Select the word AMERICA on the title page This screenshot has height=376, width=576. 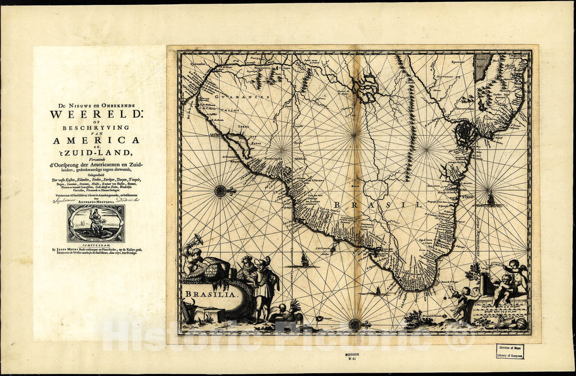coord(96,140)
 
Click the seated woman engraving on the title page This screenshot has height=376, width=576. coord(96,223)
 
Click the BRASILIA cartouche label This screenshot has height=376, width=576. coord(203,294)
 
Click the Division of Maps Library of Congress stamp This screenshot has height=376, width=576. coord(509,351)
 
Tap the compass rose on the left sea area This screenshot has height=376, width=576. coord(220,190)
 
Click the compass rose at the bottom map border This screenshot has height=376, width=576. coord(355,324)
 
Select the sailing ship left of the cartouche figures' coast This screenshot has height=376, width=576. coord(305,260)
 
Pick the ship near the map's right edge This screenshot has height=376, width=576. coord(490,199)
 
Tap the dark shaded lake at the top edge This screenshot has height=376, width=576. coord(483,67)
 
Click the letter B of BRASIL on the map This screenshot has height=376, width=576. coord(337,204)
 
